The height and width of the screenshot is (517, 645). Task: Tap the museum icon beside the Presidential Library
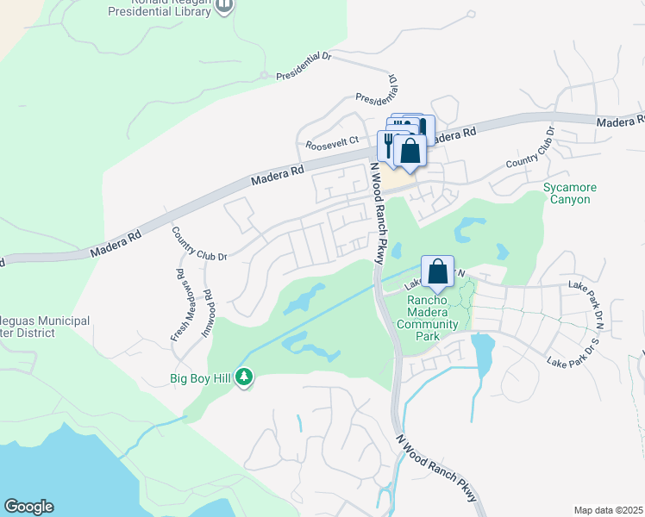(x=224, y=7)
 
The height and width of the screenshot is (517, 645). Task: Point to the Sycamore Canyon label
(x=567, y=193)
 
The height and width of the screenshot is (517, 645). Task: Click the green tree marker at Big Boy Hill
(x=245, y=377)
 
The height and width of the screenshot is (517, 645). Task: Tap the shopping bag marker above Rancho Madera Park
(x=437, y=271)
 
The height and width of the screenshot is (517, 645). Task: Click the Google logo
(x=28, y=507)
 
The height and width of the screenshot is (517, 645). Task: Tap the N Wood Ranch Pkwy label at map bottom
(x=436, y=467)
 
